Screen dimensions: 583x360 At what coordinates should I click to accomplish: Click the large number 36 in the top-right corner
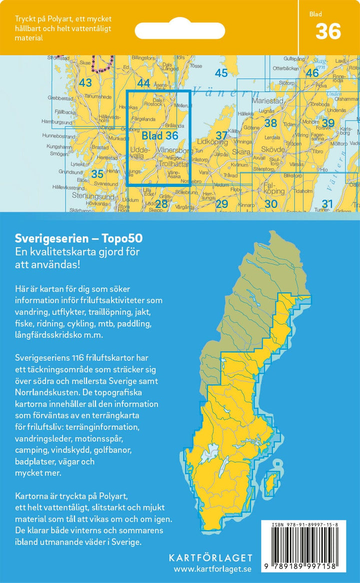point(328,31)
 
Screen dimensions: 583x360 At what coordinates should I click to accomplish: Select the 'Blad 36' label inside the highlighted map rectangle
point(159,135)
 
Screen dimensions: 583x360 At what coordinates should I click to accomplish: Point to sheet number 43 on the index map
point(85,83)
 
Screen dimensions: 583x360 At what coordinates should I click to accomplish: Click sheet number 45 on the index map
point(221,73)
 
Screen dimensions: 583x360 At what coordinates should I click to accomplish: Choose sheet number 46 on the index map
point(312,73)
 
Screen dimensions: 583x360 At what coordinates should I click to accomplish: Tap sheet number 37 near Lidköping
point(221,135)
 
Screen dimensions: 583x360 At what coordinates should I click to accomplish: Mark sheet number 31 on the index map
point(327,203)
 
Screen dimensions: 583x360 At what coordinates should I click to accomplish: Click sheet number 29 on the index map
point(221,203)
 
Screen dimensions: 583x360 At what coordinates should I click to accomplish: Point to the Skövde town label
point(272,149)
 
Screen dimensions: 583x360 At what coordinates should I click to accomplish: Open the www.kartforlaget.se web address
point(213,569)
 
